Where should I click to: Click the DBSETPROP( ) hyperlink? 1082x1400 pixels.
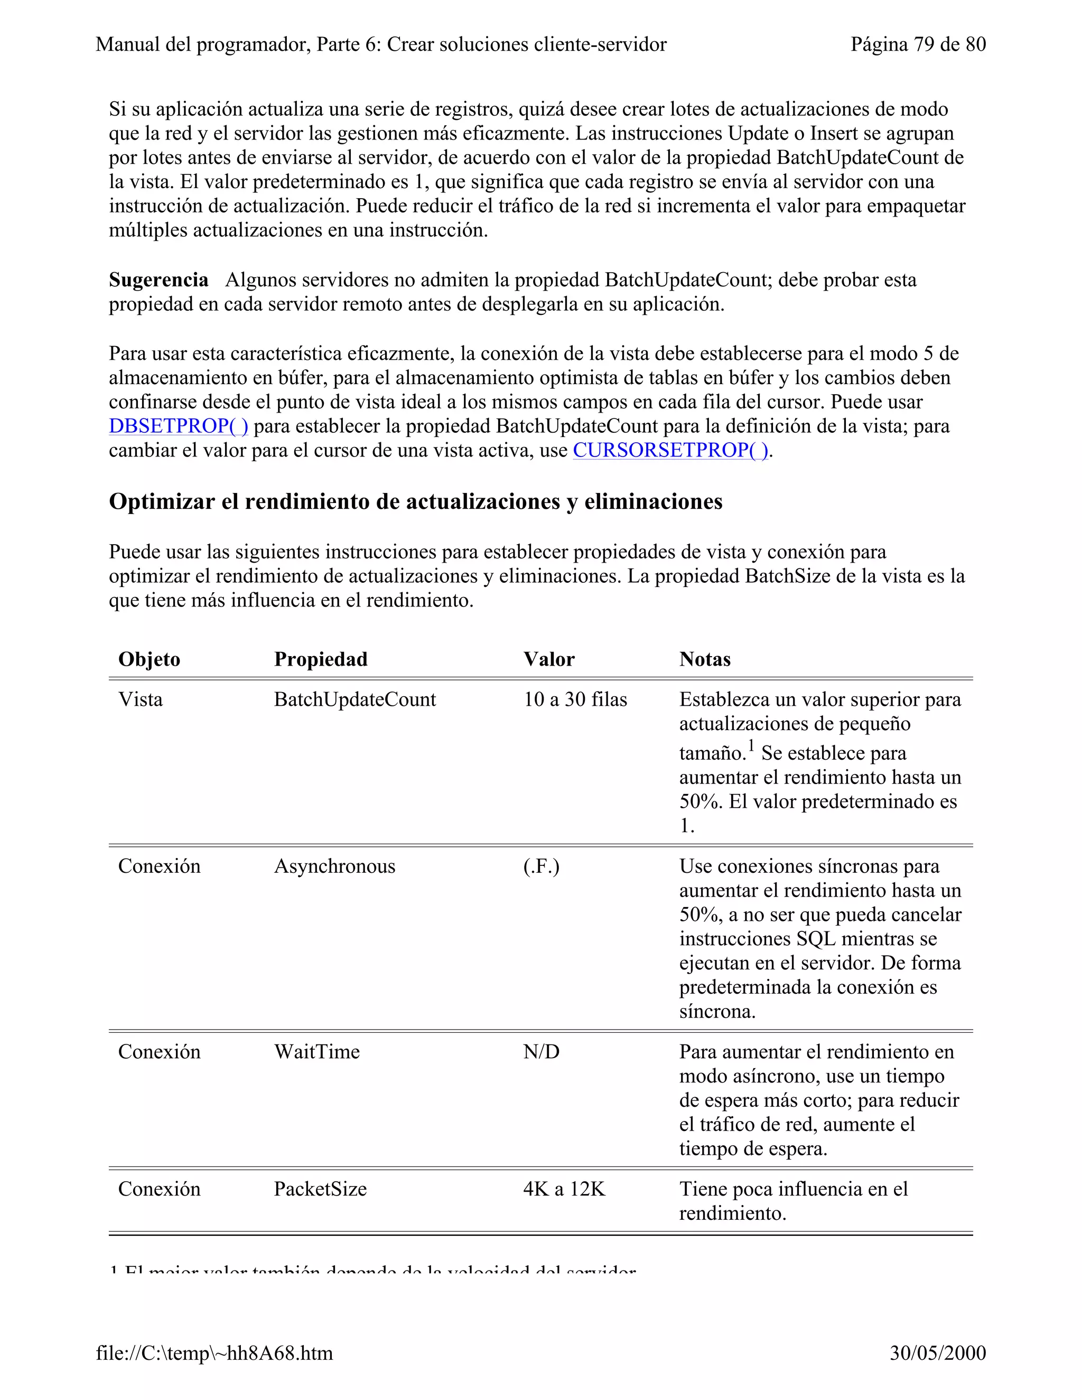pos(178,426)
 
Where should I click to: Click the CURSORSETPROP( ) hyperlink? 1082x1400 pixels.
pos(670,451)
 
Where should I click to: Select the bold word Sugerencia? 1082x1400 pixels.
pos(158,280)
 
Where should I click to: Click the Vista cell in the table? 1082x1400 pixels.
pos(141,699)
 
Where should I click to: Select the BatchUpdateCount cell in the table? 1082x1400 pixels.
pos(355,699)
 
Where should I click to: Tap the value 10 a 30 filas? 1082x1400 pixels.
pos(575,699)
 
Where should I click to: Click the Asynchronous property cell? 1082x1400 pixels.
pos(334,866)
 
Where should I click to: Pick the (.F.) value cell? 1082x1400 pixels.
pos(541,866)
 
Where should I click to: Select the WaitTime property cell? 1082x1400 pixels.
pos(316,1052)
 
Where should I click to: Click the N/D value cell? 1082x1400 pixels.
pos(541,1052)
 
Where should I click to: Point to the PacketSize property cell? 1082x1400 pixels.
pos(320,1189)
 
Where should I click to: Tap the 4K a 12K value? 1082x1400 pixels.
pos(564,1189)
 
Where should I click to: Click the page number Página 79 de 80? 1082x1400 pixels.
pos(918,44)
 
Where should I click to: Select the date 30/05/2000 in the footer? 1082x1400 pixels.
pos(937,1352)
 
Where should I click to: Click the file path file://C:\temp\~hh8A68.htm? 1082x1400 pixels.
pos(214,1352)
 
